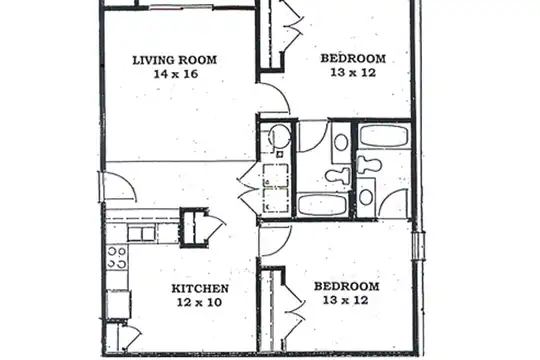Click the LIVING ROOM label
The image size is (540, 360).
click(x=175, y=60)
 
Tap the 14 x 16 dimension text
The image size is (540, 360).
click(x=176, y=74)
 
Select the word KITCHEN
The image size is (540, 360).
click(x=200, y=288)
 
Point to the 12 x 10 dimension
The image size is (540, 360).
click(x=200, y=302)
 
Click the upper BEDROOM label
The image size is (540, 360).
click(x=353, y=59)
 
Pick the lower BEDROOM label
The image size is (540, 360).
click(x=346, y=286)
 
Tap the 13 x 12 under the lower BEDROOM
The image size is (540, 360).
click(x=346, y=300)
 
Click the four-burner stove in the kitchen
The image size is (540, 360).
click(x=117, y=258)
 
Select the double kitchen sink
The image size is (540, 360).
click(x=141, y=234)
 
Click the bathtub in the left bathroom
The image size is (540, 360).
click(x=323, y=205)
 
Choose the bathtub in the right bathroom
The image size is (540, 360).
click(x=383, y=136)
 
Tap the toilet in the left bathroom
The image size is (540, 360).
click(x=338, y=175)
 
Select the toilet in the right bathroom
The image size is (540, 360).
click(x=369, y=165)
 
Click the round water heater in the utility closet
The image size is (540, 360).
click(x=280, y=136)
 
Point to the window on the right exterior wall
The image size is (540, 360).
click(x=419, y=246)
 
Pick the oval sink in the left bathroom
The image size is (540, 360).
click(x=341, y=142)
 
